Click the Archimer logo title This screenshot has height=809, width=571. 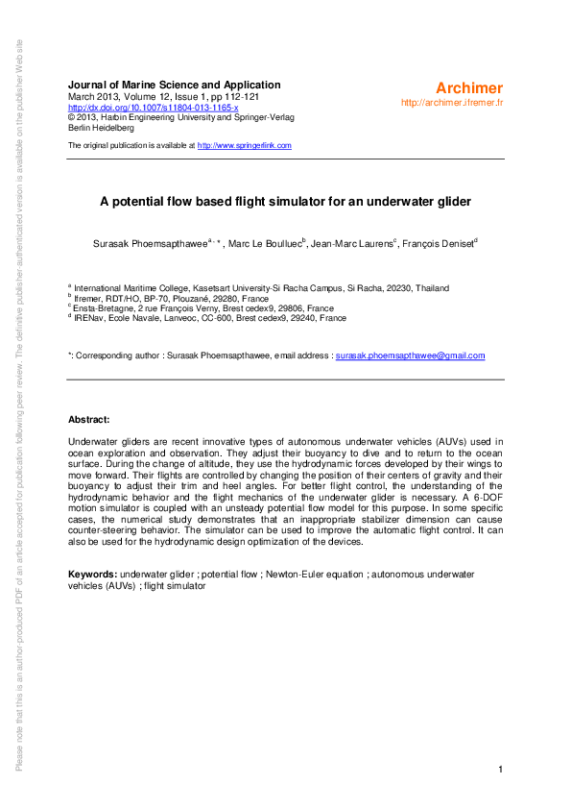pos(468,88)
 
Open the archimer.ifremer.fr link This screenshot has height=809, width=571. pos(452,102)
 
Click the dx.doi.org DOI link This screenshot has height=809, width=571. pos(153,107)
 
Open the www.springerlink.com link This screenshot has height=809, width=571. pos(244,145)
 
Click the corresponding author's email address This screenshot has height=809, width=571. pos(410,355)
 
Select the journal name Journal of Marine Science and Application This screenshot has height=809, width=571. pos(175,85)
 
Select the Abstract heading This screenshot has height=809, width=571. pos(88,419)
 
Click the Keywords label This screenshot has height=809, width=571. pos(93,573)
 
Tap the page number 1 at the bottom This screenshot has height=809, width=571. pos(501,770)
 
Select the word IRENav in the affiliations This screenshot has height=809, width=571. pos(90,317)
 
